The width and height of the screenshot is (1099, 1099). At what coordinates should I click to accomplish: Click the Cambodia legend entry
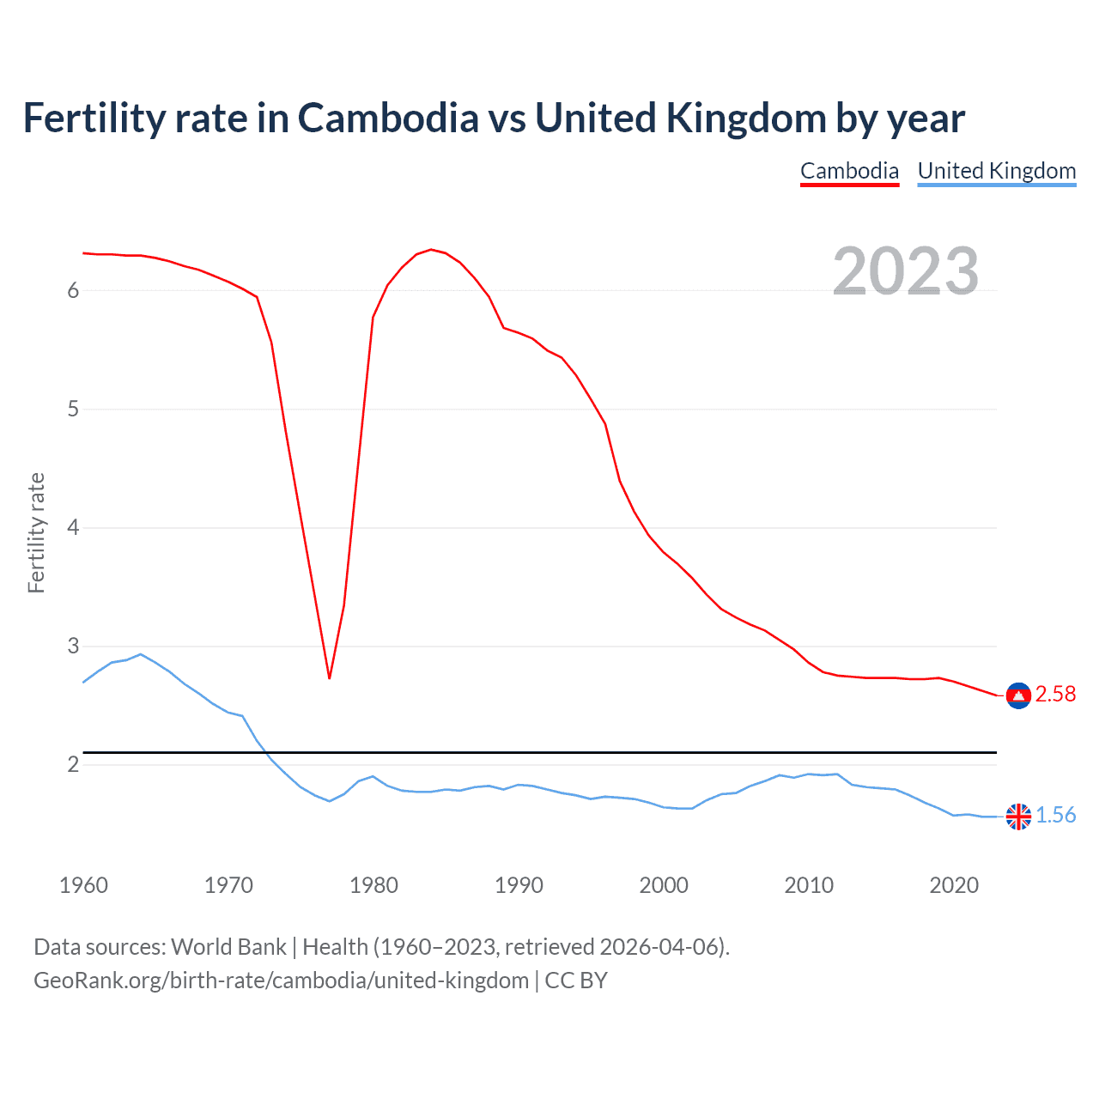click(x=849, y=171)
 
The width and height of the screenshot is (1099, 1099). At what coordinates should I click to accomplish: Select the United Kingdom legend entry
click(x=996, y=171)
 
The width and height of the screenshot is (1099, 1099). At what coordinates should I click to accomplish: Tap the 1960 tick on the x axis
click(x=83, y=885)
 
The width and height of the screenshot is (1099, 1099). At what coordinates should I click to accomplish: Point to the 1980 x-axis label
click(x=373, y=885)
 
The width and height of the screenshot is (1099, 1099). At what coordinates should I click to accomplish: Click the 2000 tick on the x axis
click(x=664, y=885)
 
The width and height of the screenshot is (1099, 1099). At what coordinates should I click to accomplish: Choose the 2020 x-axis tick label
click(x=954, y=885)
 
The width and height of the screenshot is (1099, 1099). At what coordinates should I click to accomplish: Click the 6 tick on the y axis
click(x=73, y=291)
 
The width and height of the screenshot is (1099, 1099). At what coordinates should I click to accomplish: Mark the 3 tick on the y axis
click(x=73, y=647)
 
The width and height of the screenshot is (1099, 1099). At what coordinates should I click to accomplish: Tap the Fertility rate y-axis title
click(x=36, y=532)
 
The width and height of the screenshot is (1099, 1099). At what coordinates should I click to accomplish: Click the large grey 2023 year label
click(x=906, y=271)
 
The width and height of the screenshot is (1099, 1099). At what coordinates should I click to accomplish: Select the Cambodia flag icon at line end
click(x=1018, y=695)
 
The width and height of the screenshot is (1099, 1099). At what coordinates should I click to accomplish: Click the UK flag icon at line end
click(x=1018, y=817)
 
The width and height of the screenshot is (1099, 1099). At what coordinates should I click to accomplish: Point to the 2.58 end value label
click(x=1055, y=695)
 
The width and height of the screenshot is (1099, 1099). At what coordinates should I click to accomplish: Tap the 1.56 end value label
click(x=1055, y=816)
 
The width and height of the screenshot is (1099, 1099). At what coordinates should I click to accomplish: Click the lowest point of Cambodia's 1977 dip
click(x=330, y=678)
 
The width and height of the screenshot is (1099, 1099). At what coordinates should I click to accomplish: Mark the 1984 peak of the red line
click(x=431, y=250)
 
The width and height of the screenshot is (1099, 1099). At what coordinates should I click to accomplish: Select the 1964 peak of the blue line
click(x=141, y=654)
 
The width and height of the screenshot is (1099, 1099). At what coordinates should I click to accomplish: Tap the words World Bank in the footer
click(x=228, y=947)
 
